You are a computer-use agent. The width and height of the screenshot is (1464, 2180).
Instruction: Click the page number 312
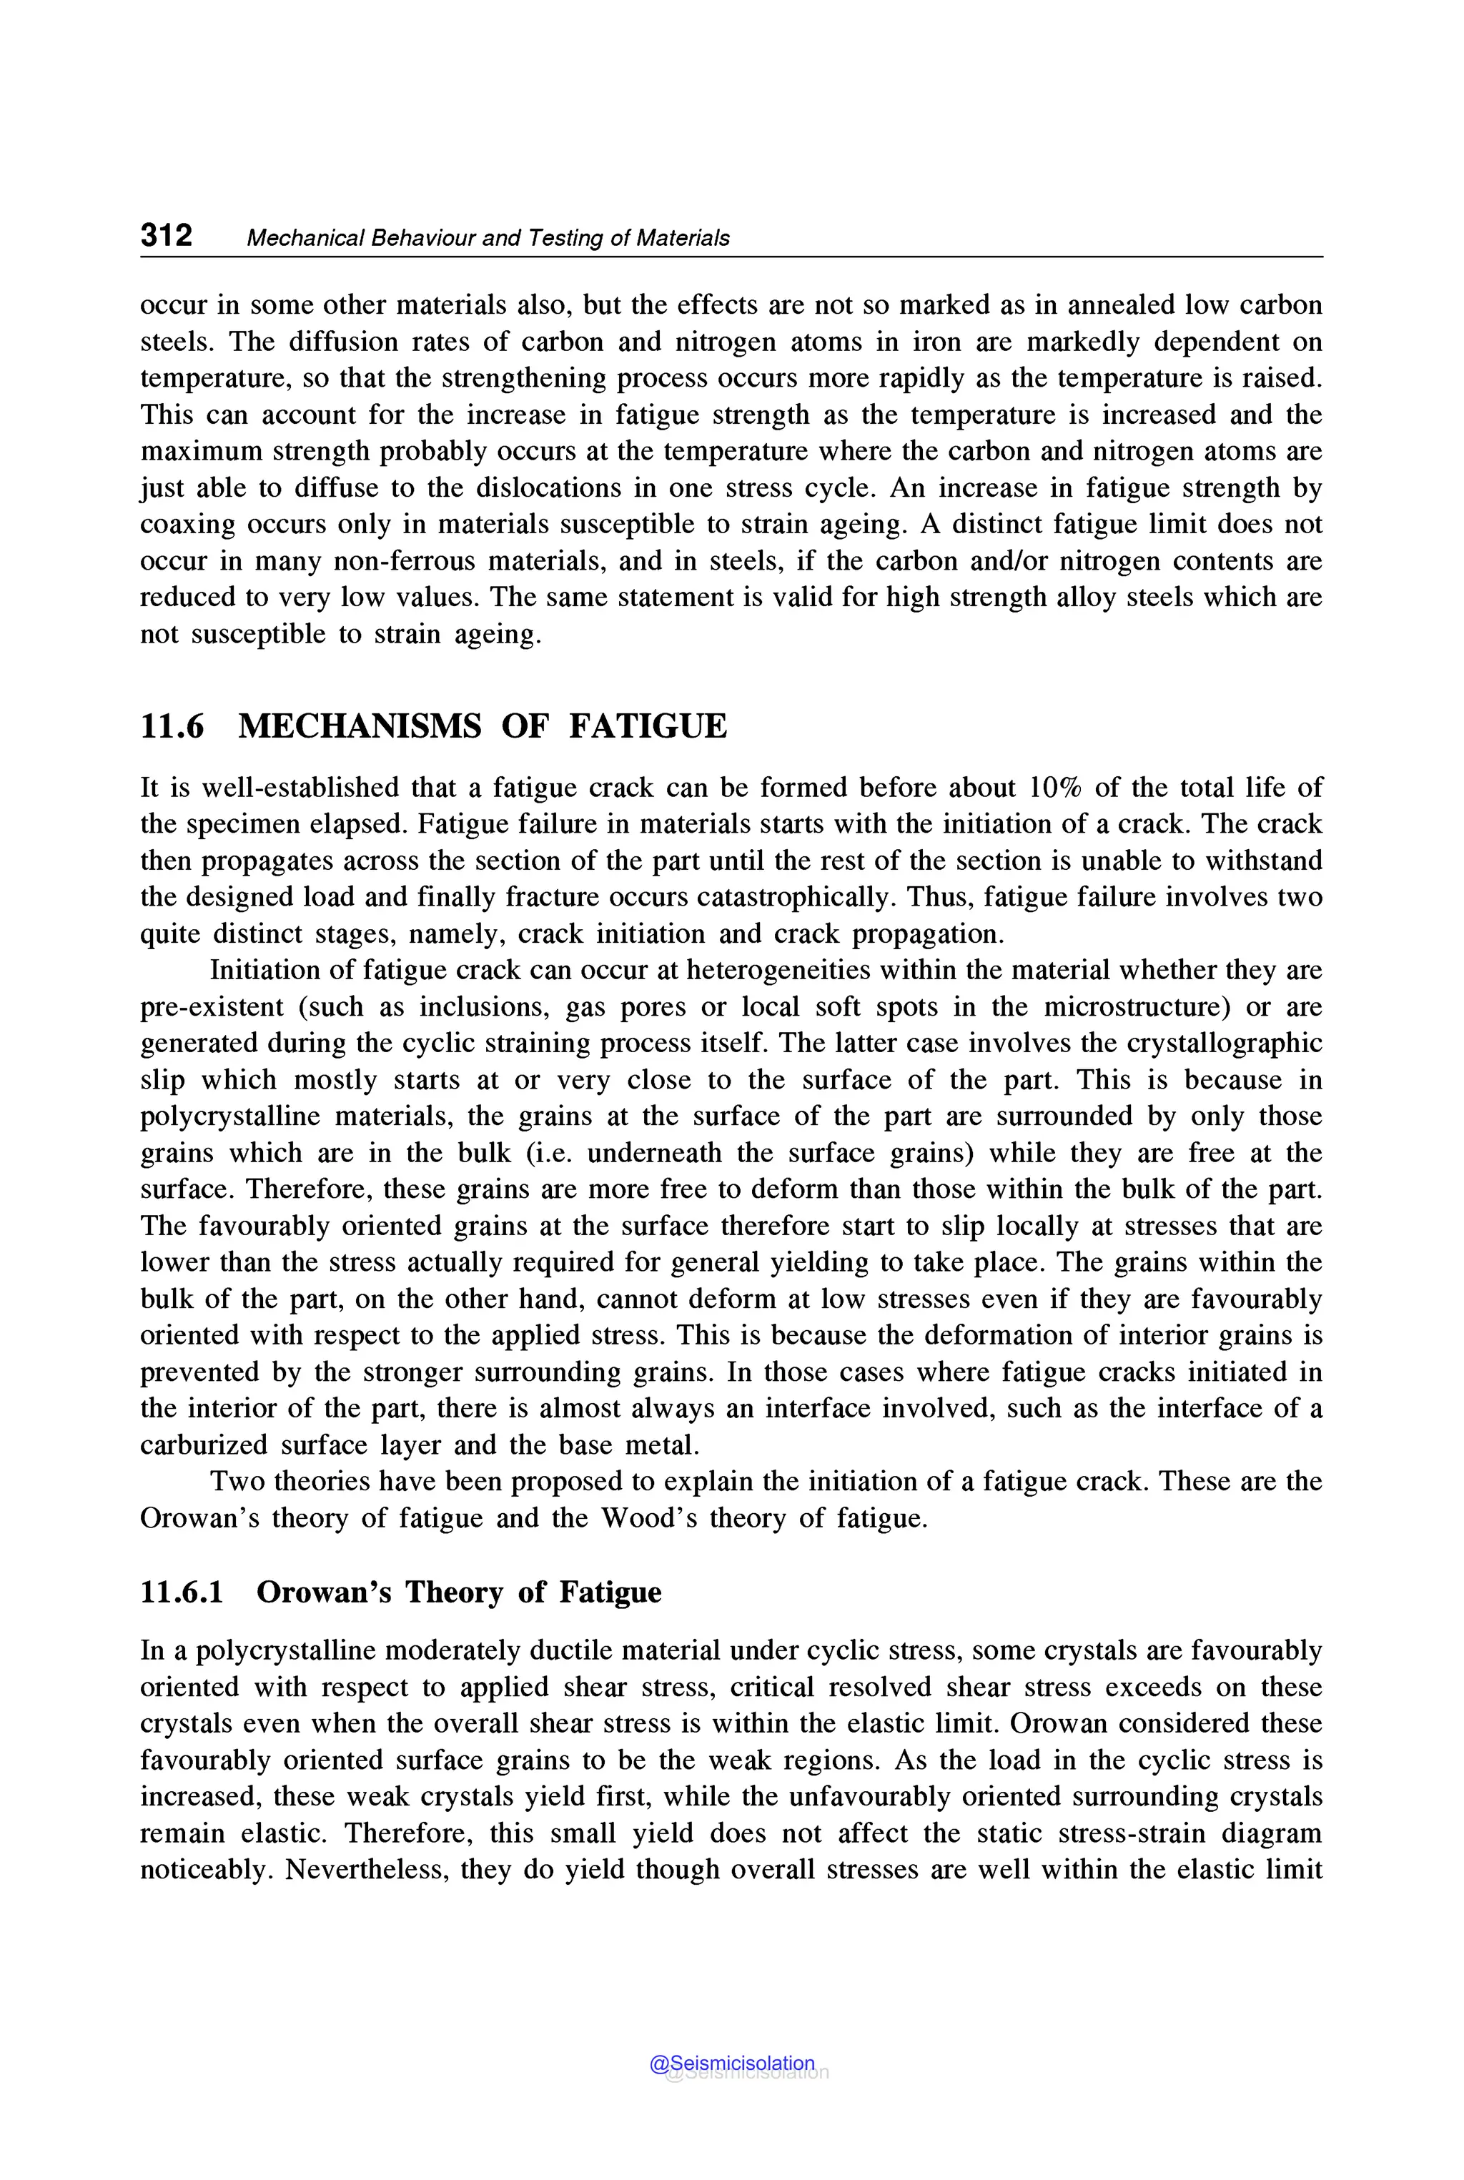[166, 234]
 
